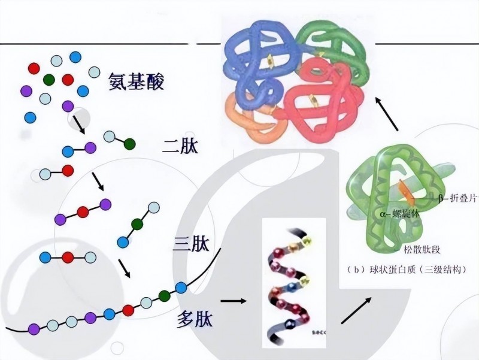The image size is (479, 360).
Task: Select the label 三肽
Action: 192,244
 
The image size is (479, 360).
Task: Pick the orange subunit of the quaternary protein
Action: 242,117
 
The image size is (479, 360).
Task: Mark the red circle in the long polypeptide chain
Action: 128,310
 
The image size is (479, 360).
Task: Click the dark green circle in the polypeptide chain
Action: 165,295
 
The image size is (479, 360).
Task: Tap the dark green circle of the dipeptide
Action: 129,144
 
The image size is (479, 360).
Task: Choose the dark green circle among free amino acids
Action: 49,78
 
